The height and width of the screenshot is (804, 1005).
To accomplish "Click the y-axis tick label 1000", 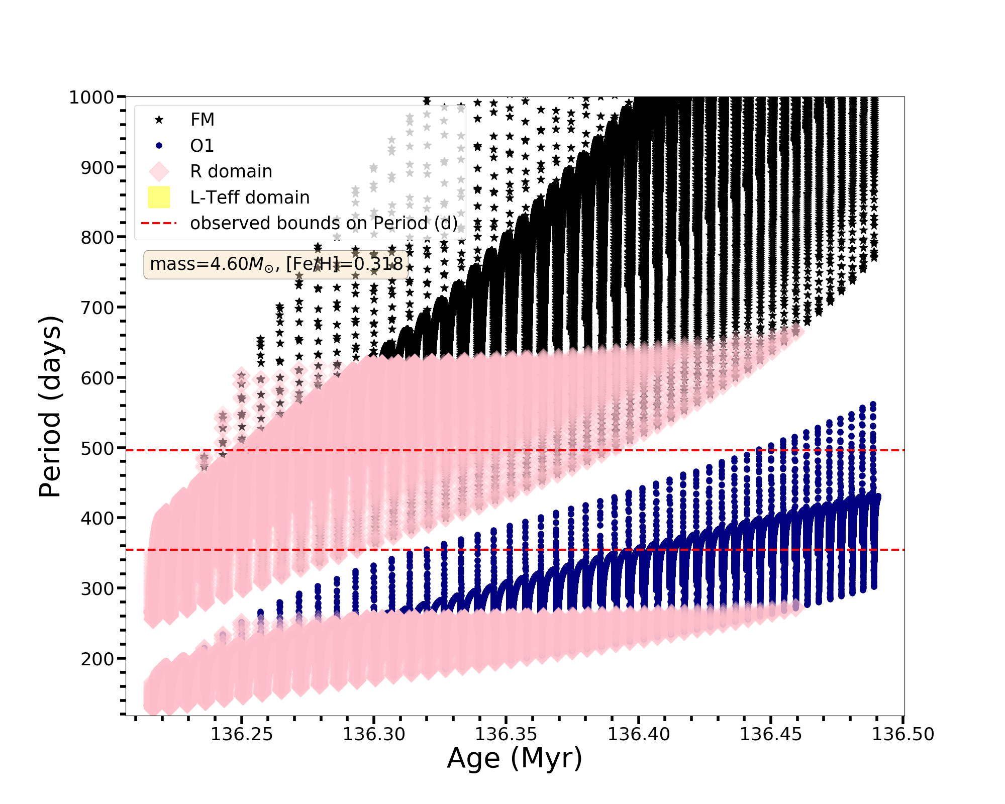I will pos(91,97).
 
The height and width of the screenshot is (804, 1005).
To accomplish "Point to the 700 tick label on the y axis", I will pos(97,308).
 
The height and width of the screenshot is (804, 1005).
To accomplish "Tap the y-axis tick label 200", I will pos(97,658).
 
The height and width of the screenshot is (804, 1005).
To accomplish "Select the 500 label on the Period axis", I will pos(97,448).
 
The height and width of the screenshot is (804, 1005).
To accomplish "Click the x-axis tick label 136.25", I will pos(241,735).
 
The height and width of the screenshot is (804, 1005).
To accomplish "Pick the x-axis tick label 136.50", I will pos(902,735).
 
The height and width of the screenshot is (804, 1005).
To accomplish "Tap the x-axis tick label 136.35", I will pos(506,735).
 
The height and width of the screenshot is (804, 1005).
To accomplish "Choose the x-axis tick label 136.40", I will pos(639,735).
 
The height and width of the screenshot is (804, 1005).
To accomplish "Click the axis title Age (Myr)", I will pos(515,759).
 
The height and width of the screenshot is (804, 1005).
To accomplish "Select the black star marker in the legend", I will pos(159,120).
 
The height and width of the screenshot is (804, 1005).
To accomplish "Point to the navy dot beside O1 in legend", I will pos(159,146).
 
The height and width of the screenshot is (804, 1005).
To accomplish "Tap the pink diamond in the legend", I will pos(159,171).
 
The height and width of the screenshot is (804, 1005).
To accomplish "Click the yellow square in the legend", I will pos(159,197).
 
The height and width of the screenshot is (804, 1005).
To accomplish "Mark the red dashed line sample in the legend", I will pos(159,223).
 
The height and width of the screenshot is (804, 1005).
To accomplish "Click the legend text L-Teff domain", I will pos(250,197).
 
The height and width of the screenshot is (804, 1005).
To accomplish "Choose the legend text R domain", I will pos(231,171).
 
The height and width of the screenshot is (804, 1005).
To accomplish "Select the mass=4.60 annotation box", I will pos(276,264).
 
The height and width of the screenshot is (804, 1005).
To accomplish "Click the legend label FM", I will pos(203,120).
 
